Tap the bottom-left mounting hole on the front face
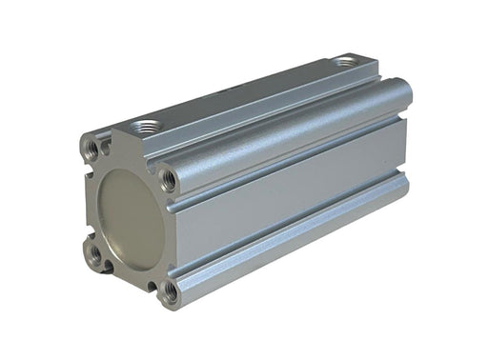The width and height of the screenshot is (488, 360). (x=95, y=252)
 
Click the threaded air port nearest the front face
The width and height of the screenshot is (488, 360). (x=148, y=126)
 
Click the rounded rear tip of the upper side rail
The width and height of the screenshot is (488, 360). (x=404, y=91)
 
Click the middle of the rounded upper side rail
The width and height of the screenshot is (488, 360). (x=286, y=133)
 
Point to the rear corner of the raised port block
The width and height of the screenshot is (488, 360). (x=376, y=67)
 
